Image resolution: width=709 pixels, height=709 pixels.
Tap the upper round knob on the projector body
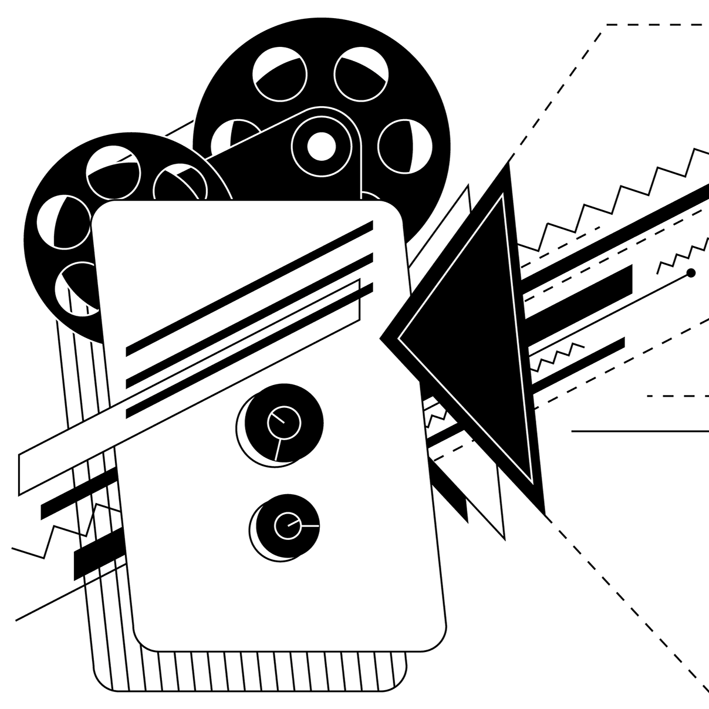coord(284,421)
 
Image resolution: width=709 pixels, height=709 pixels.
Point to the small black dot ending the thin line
coord(691,272)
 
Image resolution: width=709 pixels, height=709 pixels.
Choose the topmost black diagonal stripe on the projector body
coord(249,288)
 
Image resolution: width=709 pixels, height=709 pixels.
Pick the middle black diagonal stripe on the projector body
coord(249,320)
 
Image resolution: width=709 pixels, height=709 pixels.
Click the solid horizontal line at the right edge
coord(640,431)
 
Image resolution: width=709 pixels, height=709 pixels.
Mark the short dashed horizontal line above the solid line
coord(678,396)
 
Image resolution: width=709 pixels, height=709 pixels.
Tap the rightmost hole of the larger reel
coord(405,147)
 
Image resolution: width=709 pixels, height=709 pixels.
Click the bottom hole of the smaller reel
coord(79,288)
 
